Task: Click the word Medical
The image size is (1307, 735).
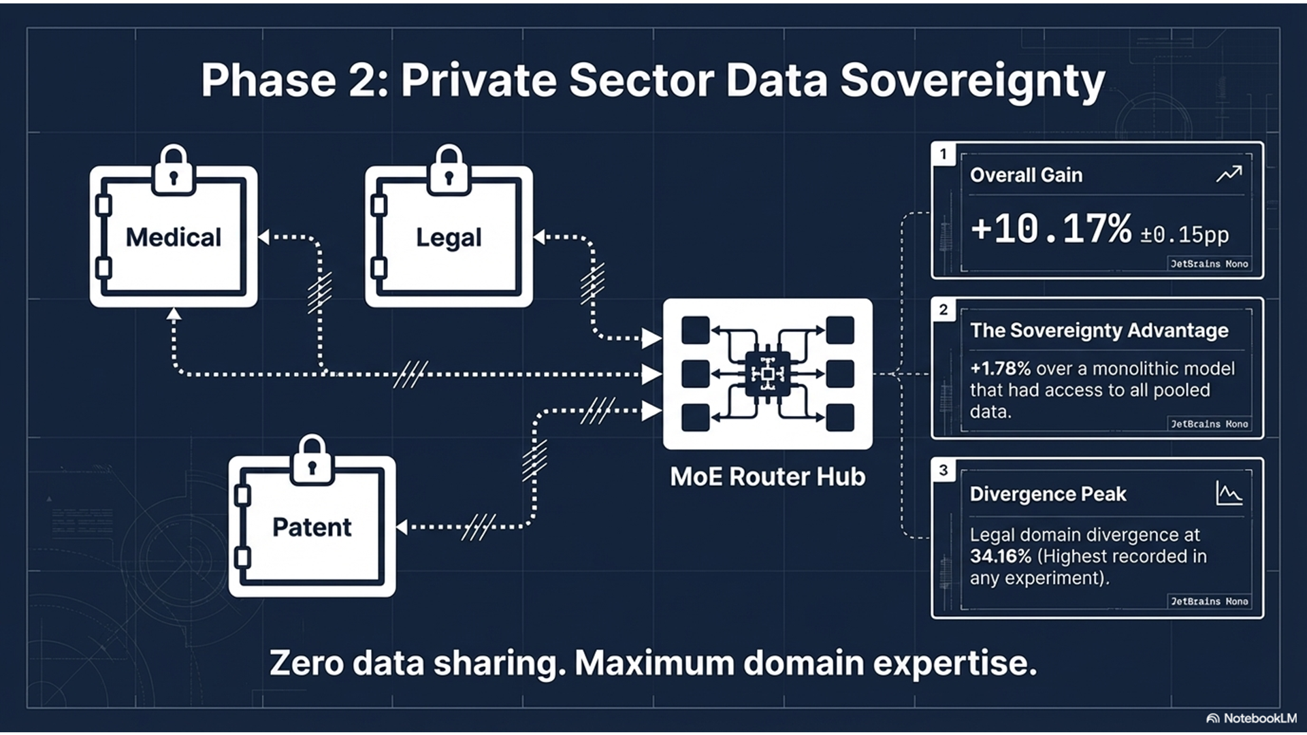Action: click(x=174, y=238)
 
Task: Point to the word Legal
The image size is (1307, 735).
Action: click(x=449, y=238)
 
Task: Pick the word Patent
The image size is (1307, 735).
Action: click(x=312, y=527)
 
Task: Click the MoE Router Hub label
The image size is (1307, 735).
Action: click(x=767, y=477)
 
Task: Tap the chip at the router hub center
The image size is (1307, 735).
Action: click(x=767, y=374)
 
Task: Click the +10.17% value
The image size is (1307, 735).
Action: click(x=1051, y=229)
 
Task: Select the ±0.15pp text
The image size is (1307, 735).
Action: click(x=1184, y=235)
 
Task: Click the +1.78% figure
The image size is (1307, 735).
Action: click(x=1000, y=369)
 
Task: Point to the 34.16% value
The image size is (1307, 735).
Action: click(x=1001, y=557)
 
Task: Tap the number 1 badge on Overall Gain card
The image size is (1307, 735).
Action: click(x=943, y=154)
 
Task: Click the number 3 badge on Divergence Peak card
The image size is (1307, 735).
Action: click(x=943, y=470)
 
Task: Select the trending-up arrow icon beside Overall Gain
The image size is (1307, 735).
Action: click(x=1229, y=175)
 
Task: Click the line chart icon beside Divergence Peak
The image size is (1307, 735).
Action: click(x=1229, y=493)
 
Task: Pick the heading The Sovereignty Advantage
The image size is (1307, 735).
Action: click(x=1099, y=331)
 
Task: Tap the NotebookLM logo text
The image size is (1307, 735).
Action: click(x=1259, y=719)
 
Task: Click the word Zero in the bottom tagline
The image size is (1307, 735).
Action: click(x=306, y=664)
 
